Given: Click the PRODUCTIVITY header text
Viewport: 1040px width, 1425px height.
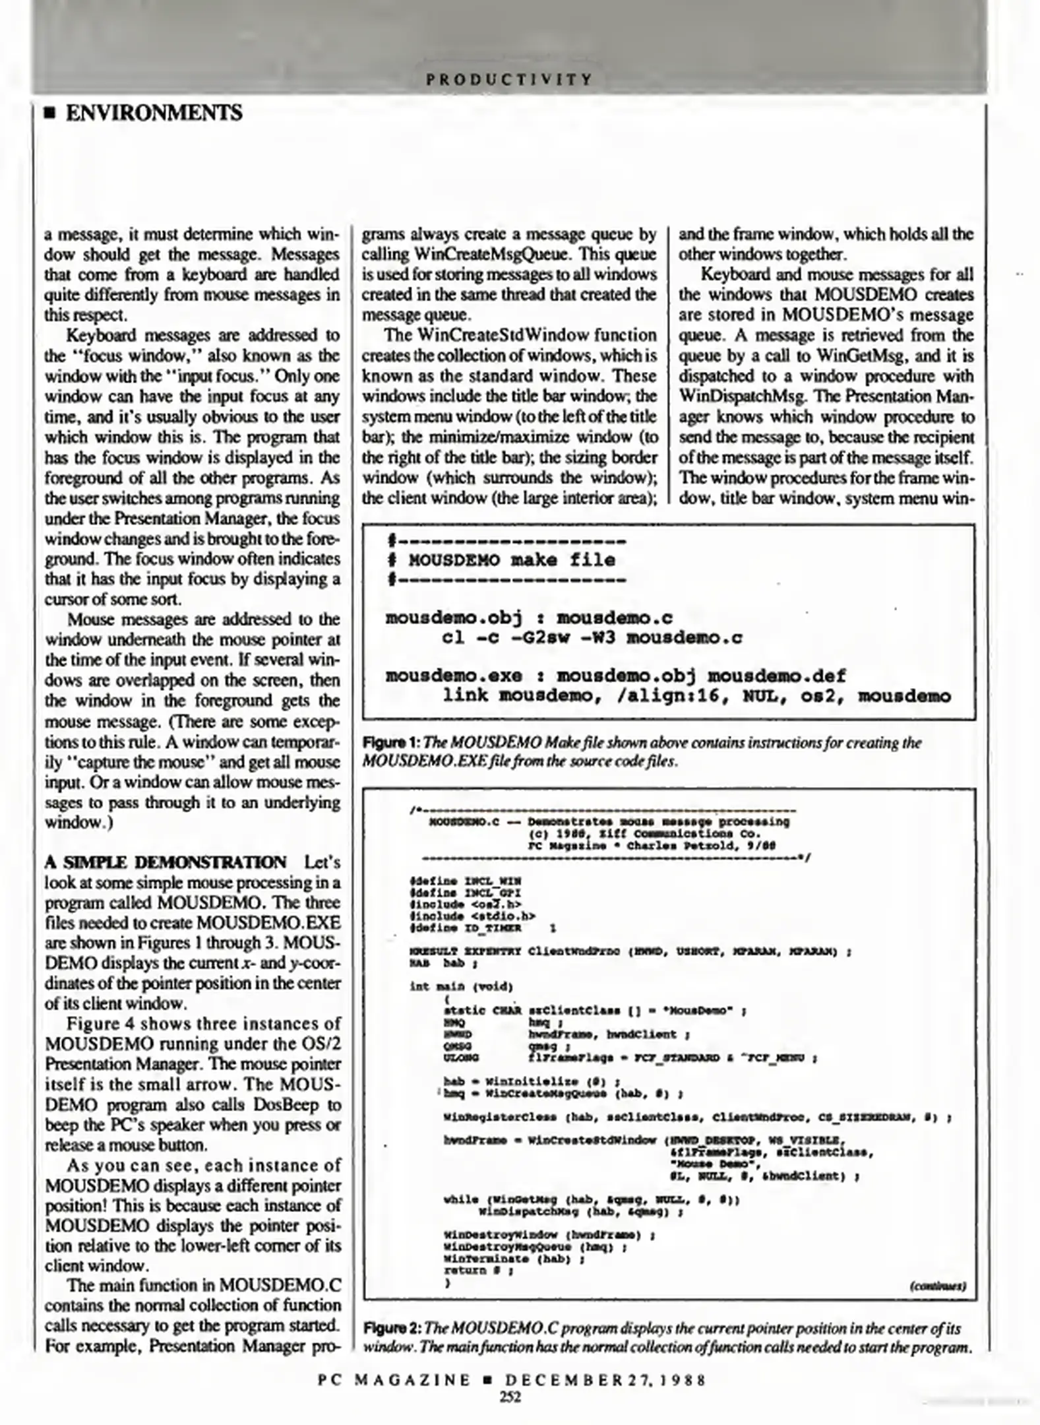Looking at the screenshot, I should pos(509,80).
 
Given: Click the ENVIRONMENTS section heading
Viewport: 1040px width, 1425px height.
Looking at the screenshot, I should pos(154,113).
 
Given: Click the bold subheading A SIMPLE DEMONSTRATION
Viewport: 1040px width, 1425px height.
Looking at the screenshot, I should pos(165,863).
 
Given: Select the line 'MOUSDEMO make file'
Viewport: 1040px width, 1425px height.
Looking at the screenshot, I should pos(512,561).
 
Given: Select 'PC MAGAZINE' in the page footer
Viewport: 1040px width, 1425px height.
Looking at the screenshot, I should pos(394,1380).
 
